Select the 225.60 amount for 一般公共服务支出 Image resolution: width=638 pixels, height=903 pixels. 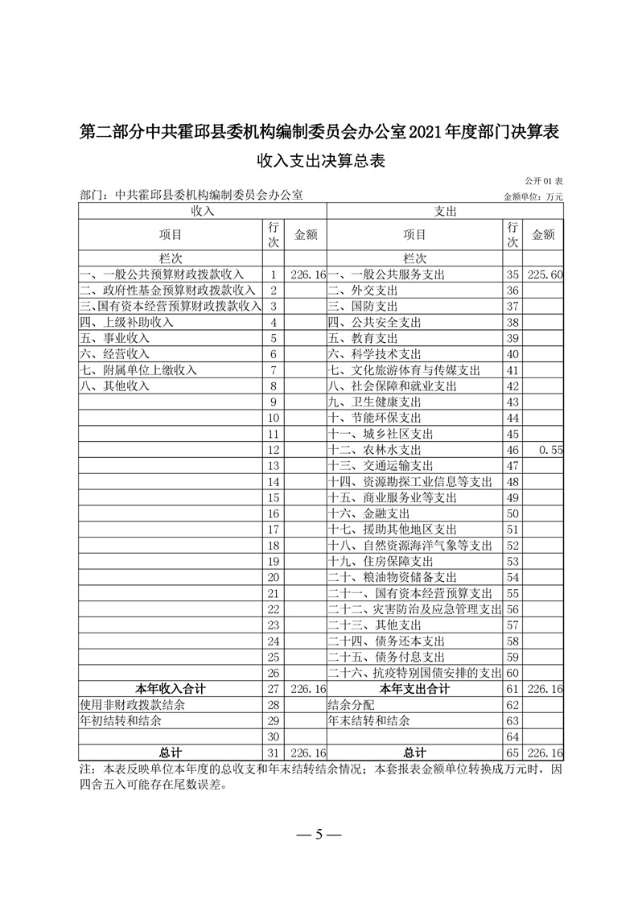(x=544, y=275)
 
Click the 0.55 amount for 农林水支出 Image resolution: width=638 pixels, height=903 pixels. (x=550, y=451)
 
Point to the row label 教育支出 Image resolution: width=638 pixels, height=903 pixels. (x=363, y=338)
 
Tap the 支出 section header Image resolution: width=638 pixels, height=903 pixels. (x=445, y=211)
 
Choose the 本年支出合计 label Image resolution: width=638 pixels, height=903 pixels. (x=414, y=689)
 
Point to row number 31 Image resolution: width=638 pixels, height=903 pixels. (x=274, y=752)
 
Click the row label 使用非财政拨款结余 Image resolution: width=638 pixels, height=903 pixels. (x=132, y=705)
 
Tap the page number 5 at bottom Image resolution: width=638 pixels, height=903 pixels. (x=319, y=834)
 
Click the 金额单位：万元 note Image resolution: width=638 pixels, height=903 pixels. (x=533, y=196)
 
